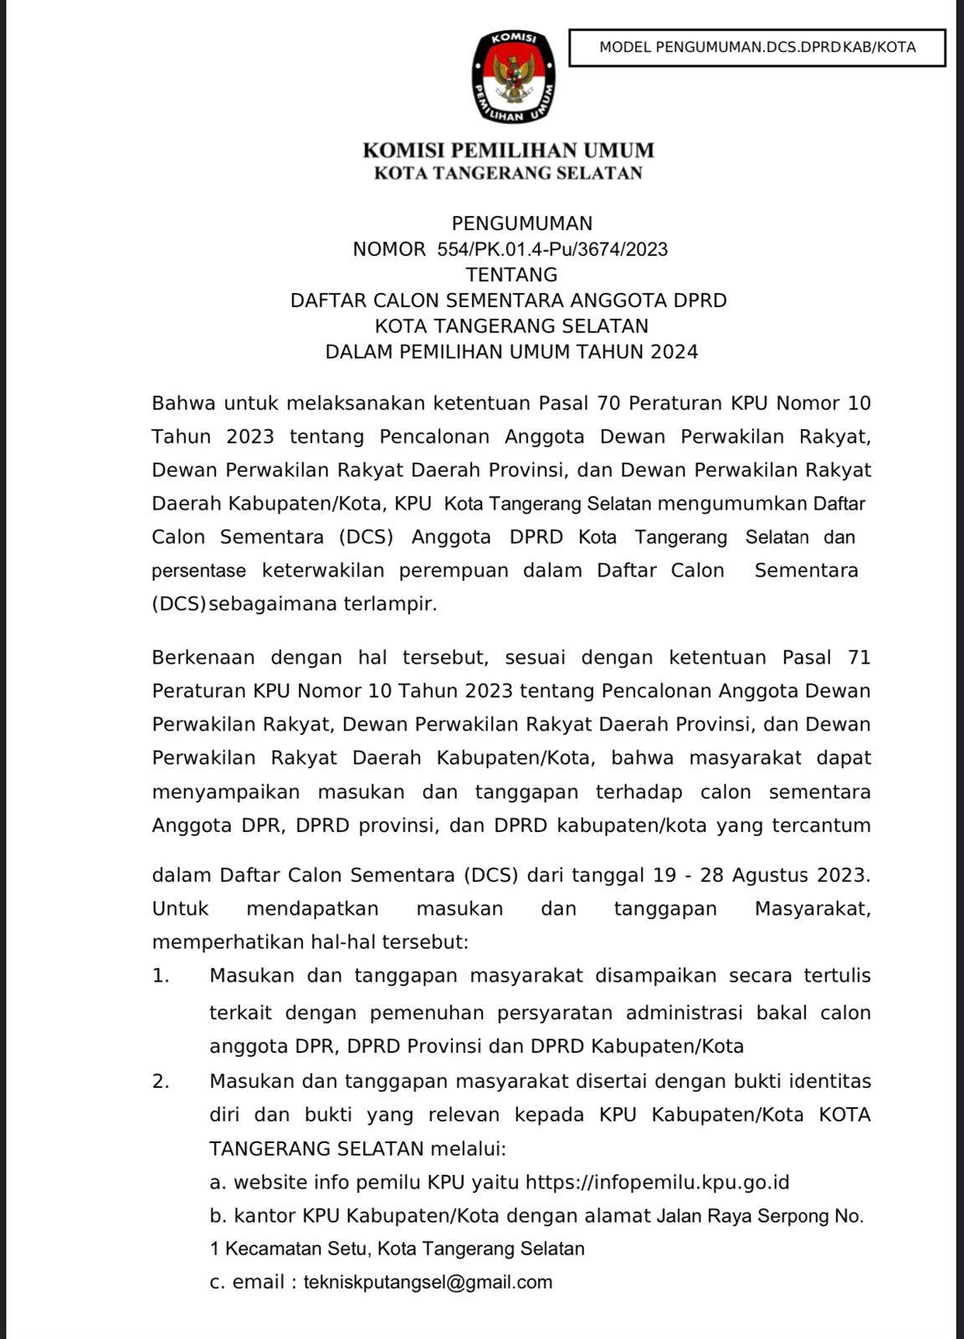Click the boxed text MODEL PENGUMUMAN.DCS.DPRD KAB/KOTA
[x=757, y=48]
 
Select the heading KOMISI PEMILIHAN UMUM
[x=508, y=151]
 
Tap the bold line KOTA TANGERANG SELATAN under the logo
[x=508, y=173]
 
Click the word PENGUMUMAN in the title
[x=522, y=223]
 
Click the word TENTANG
[x=511, y=274]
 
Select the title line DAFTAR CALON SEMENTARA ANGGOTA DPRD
[x=509, y=300]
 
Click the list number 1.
[x=161, y=976]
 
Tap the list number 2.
[x=161, y=1081]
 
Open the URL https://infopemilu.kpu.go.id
[x=658, y=1183]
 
